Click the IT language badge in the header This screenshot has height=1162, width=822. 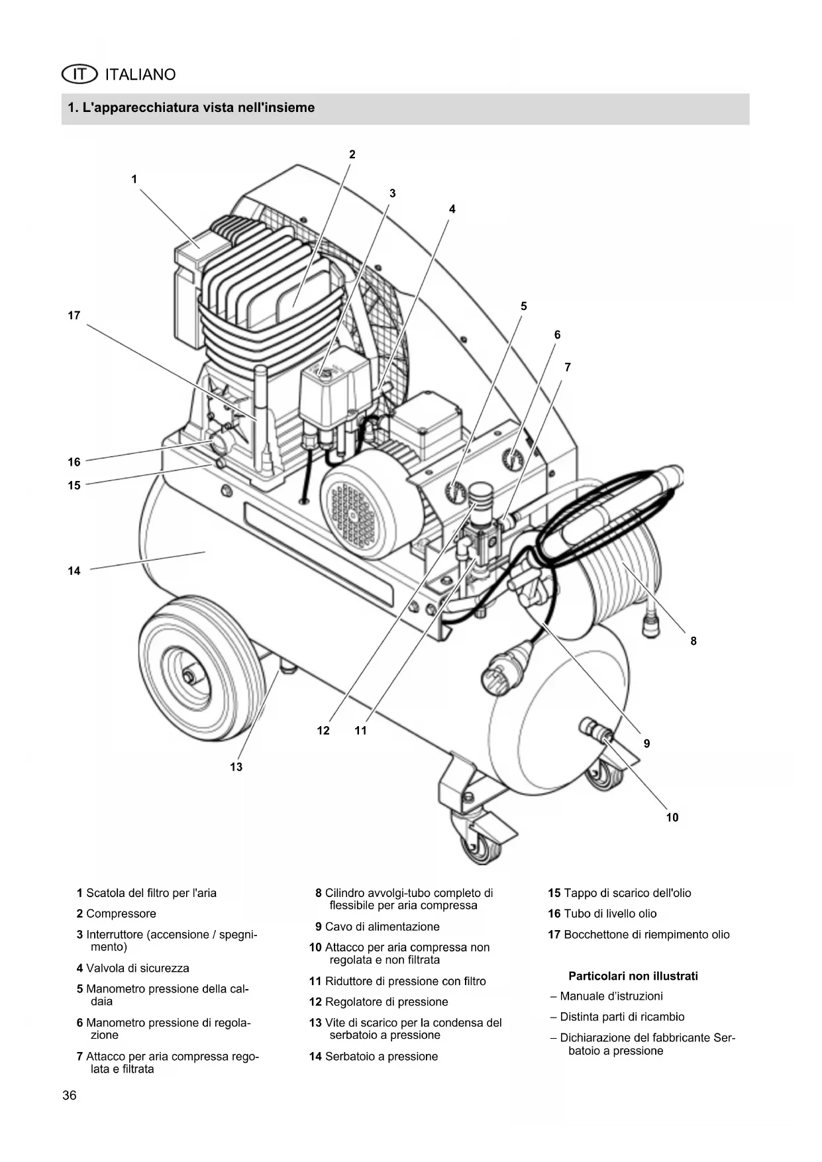click(x=79, y=74)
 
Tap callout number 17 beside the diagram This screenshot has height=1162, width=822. click(x=74, y=315)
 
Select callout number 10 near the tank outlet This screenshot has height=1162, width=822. click(x=672, y=818)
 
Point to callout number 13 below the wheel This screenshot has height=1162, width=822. click(x=236, y=767)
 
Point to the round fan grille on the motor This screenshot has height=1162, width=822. click(x=352, y=516)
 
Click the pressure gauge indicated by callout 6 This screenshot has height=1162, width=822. click(x=513, y=459)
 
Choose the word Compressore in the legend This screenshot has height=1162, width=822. click(x=121, y=914)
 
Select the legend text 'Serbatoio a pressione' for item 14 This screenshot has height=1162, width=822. click(x=382, y=1056)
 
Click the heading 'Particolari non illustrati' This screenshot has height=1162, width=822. click(x=633, y=976)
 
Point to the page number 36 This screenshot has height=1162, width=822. click(x=70, y=1095)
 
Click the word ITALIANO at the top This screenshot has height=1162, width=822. click(x=140, y=74)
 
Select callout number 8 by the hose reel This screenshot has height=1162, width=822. click(x=694, y=641)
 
